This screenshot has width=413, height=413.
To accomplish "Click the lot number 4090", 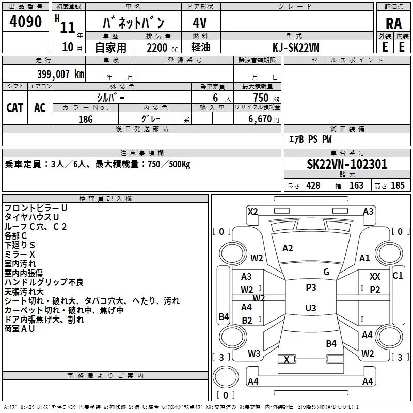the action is point(25,22).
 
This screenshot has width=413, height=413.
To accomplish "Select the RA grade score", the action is point(393,24).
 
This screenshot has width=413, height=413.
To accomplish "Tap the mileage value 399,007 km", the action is point(60,74).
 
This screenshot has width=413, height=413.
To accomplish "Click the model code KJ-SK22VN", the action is point(296,47).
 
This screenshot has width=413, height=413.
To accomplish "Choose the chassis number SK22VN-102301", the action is point(347,164).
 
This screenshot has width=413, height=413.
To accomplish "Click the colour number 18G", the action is point(86,119).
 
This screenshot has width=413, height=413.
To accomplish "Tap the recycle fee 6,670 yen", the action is point(264,119).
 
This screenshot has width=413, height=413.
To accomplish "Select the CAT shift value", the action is point(15,108).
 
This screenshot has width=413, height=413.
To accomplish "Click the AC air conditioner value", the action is point(40,108).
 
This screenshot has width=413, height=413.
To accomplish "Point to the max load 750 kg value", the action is point(266,98).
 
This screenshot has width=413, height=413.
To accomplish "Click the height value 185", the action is point(398,185).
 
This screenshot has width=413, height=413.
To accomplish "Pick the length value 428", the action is point(313,185).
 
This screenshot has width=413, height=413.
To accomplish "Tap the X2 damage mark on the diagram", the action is point(252,212).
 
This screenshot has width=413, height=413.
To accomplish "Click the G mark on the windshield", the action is point(326,272).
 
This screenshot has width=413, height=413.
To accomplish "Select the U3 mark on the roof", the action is point(311,308).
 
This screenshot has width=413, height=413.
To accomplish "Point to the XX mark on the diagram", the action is point(375,277).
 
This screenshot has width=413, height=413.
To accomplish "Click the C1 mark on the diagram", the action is point(398,276).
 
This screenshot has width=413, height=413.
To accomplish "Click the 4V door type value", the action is point(200,23).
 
